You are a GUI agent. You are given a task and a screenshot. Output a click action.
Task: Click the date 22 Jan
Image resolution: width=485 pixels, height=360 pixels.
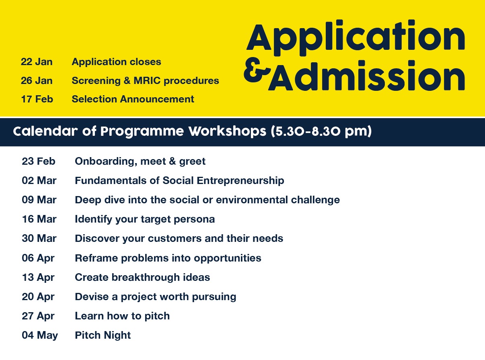pyautogui.click(x=37, y=62)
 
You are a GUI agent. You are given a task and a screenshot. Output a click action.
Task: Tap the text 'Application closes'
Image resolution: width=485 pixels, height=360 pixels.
pyautogui.click(x=116, y=62)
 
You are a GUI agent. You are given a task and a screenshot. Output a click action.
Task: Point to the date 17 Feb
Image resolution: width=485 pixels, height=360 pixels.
pyautogui.click(x=37, y=99)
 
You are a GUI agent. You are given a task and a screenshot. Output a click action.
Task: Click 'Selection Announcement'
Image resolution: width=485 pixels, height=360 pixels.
pyautogui.click(x=133, y=99)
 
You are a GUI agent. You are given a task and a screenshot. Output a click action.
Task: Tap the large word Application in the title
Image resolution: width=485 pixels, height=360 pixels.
pyautogui.click(x=356, y=38)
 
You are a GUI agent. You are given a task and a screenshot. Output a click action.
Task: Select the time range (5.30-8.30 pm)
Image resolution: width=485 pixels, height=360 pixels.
pyautogui.click(x=321, y=131)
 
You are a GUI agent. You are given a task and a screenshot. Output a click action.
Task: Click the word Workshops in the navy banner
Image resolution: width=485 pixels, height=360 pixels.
pyautogui.click(x=227, y=131)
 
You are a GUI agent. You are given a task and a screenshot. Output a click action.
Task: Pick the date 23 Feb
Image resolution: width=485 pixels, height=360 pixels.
pyautogui.click(x=39, y=162)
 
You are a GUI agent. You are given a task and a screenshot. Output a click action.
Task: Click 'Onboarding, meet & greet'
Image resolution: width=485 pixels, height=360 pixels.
pyautogui.click(x=140, y=162)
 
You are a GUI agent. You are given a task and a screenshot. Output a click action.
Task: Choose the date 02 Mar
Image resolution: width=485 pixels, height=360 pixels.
pyautogui.click(x=39, y=181)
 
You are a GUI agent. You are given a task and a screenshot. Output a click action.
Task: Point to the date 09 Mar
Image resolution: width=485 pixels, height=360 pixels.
pyautogui.click(x=39, y=200)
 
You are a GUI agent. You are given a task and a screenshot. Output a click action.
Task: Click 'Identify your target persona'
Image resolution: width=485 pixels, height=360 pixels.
pyautogui.click(x=145, y=219)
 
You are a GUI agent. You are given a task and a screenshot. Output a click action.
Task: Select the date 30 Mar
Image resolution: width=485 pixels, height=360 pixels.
pyautogui.click(x=39, y=238)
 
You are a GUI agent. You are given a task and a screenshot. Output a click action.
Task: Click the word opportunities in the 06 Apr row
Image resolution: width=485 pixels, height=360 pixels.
pyautogui.click(x=227, y=258)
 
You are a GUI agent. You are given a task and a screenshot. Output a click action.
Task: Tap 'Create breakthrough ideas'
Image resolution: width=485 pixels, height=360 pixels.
pyautogui.click(x=142, y=277)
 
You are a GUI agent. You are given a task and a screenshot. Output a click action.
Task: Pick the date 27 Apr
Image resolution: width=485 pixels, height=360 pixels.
pyautogui.click(x=38, y=316)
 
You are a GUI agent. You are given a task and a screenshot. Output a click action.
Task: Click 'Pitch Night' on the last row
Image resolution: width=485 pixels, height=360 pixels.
pyautogui.click(x=103, y=335)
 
